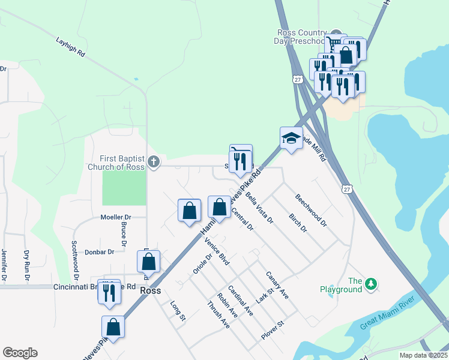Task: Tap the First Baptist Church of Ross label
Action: pos(116,163)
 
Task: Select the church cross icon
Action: pos(154,162)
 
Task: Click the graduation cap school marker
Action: pos(291,138)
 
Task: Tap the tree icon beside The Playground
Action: pos(372,284)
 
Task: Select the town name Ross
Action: pos(150,290)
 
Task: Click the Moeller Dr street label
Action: pos(107,217)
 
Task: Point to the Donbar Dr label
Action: pos(99,253)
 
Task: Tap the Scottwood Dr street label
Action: pos(75,261)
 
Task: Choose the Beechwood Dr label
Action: pos(311,210)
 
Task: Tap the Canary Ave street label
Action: pos(277,285)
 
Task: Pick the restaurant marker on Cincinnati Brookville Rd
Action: pos(109,292)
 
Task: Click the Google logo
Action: pos(20,353)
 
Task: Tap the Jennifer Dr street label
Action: pos(4,265)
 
